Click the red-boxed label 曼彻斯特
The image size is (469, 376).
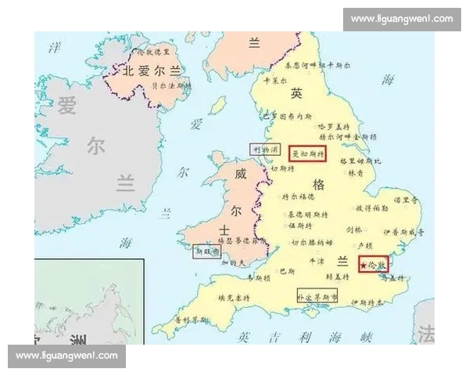tap(307, 153)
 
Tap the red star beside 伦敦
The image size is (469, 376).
tap(364, 266)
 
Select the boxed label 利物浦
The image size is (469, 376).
tap(263, 149)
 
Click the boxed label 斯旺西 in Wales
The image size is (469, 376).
tap(206, 251)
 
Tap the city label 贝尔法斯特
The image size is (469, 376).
tap(170, 84)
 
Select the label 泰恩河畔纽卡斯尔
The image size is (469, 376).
tap(313, 65)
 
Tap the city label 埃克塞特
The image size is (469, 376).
tap(231, 298)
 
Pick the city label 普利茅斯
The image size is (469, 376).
tap(191, 320)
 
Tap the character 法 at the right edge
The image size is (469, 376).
tap(426, 334)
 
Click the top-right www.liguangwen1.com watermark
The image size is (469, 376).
tap(401, 19)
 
